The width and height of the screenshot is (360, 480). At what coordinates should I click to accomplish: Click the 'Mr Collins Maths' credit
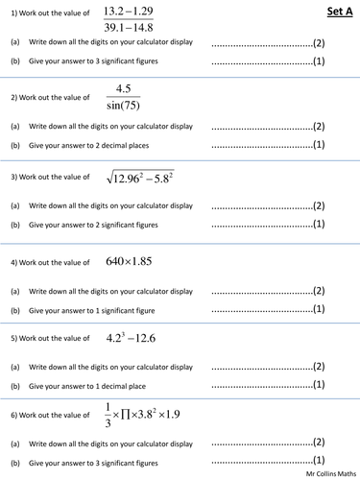click(x=326, y=473)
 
